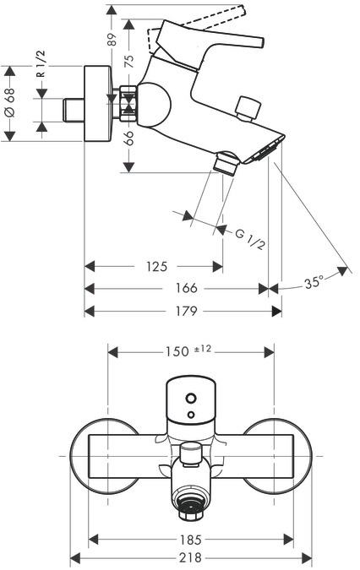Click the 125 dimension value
tap(156, 267)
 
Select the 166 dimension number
tap(186, 288)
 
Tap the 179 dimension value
tap(186, 311)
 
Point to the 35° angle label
tap(314, 282)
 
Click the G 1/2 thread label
tap(250, 239)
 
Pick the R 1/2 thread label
tap(41, 64)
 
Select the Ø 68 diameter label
tap(10, 102)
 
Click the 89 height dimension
tap(112, 39)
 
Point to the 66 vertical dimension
tap(129, 138)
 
